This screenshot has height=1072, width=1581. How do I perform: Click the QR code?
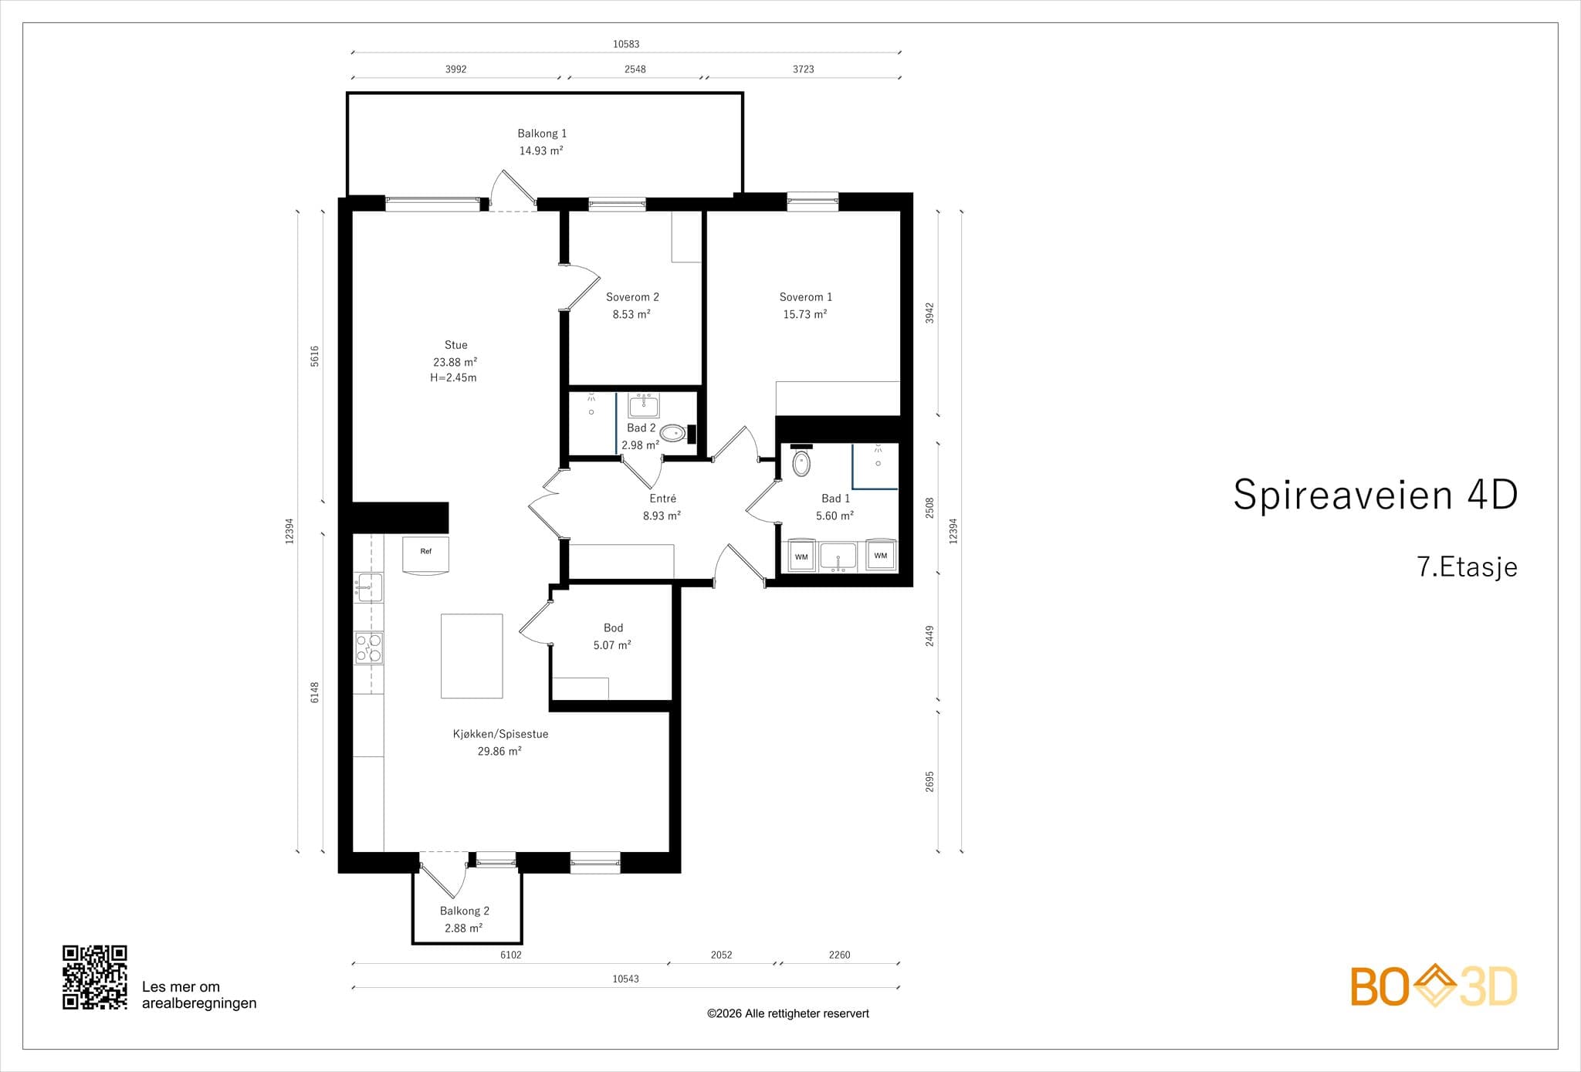tap(95, 977)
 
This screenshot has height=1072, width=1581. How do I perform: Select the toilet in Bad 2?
tap(673, 433)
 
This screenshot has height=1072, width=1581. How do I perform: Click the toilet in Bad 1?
tap(802, 464)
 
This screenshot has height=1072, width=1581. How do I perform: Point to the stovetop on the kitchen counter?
tap(369, 648)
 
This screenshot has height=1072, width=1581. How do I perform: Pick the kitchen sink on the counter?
tap(369, 587)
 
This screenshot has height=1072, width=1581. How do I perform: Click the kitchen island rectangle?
tap(472, 656)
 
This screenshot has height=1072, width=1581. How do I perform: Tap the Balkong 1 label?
tap(542, 134)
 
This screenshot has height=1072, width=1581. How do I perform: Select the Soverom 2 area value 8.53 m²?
tap(631, 314)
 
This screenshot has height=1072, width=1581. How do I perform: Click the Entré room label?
tap(663, 499)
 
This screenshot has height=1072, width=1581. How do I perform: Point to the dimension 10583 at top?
tap(626, 44)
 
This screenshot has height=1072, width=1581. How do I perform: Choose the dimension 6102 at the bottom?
tap(511, 955)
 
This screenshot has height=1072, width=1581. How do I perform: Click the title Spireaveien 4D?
tap(1375, 494)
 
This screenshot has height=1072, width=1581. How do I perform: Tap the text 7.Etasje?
tap(1468, 567)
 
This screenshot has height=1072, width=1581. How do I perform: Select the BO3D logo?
tap(1434, 986)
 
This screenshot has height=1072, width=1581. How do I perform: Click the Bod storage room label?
tap(613, 628)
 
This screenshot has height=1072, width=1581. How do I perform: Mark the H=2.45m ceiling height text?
tap(453, 378)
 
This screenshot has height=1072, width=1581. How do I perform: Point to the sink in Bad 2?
tap(643, 406)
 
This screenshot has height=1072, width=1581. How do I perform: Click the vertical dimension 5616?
tap(314, 356)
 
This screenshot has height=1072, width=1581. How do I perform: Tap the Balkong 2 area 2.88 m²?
tap(463, 928)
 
